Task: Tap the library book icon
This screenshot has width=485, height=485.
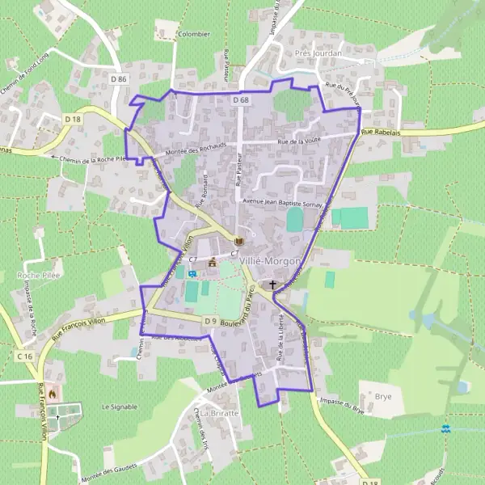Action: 238,241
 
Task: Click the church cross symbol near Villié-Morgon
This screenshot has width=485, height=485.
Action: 273,285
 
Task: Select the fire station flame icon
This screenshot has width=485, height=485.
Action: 53,394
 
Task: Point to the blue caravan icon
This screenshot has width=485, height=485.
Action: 192,273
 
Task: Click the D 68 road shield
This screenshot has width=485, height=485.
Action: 240,99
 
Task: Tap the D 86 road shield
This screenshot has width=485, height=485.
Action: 120,78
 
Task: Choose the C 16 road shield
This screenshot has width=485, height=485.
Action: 24,356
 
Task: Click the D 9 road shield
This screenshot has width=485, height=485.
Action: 210,321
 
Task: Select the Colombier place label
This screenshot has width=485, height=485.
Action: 193,35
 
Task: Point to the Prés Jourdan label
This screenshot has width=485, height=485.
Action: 318,53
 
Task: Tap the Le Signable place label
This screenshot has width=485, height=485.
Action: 120,407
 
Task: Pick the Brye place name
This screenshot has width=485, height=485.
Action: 383,397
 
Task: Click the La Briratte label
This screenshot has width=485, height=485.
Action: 219,413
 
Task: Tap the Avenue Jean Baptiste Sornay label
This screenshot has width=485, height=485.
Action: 279,202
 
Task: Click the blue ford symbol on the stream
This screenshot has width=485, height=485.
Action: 445,428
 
